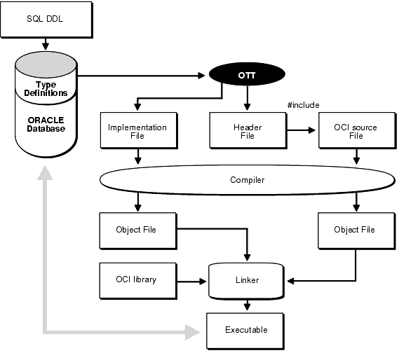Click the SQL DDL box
click(46, 20)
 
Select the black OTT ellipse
click(247, 74)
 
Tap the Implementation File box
click(139, 131)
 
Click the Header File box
click(248, 131)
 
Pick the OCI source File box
click(357, 131)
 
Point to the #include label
click(303, 105)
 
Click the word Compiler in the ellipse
click(247, 180)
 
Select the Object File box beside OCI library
click(138, 231)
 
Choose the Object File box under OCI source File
click(356, 231)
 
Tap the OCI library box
click(138, 281)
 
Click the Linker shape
click(246, 281)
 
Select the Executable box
click(245, 331)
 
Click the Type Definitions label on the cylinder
click(46, 89)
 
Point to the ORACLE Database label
click(46, 125)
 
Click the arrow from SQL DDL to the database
click(46, 44)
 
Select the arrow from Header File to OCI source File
click(301, 130)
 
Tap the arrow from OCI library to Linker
click(191, 282)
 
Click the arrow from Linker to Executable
click(247, 305)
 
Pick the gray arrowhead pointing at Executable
click(193, 332)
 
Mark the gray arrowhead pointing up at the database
click(45, 173)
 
